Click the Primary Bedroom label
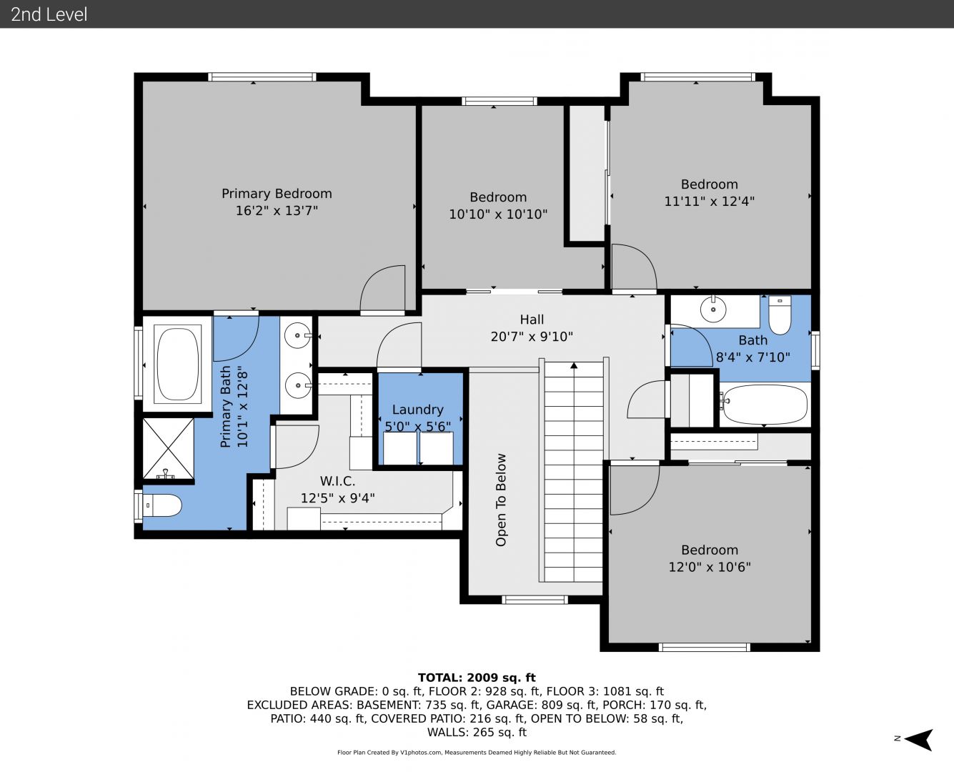pyautogui.click(x=277, y=194)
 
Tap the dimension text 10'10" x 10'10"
pyautogui.click(x=498, y=214)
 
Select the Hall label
pyautogui.click(x=532, y=320)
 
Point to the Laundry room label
pyautogui.click(x=418, y=410)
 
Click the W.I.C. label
pyautogui.click(x=337, y=481)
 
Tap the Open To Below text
pyautogui.click(x=501, y=500)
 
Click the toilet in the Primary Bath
pyautogui.click(x=162, y=505)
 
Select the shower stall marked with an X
pyautogui.click(x=169, y=449)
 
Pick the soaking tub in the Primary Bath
pyautogui.click(x=178, y=364)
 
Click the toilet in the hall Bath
pyautogui.click(x=780, y=315)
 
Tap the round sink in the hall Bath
pyautogui.click(x=713, y=310)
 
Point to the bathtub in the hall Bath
pyautogui.click(x=765, y=404)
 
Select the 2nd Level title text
pyautogui.click(x=49, y=14)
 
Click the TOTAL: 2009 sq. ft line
pyautogui.click(x=477, y=678)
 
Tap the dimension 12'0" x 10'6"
pyautogui.click(x=710, y=567)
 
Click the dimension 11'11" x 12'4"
pyautogui.click(x=709, y=201)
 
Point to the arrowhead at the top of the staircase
pyautogui.click(x=574, y=365)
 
